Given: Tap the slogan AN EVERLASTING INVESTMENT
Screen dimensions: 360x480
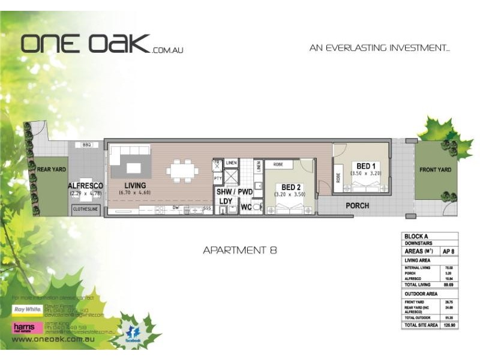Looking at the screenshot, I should pyautogui.click(x=380, y=47).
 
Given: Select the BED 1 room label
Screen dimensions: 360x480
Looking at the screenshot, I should pyautogui.click(x=366, y=166).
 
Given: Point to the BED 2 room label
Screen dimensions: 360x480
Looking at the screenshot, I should pyautogui.click(x=290, y=187).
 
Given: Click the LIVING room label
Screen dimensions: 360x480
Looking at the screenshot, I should pyautogui.click(x=135, y=185).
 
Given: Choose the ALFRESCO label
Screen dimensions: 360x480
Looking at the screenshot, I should pyautogui.click(x=86, y=186).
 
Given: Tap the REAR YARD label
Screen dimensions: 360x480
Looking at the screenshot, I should pyautogui.click(x=51, y=170).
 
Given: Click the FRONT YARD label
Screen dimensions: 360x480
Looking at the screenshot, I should pyautogui.click(x=435, y=170).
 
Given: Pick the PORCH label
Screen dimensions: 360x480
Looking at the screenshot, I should pyautogui.click(x=357, y=206).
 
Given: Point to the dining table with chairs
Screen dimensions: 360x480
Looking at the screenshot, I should pyautogui.click(x=182, y=170).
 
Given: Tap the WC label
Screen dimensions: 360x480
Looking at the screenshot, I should pyautogui.click(x=246, y=208).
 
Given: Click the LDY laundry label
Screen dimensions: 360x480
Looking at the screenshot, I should pyautogui.click(x=226, y=201).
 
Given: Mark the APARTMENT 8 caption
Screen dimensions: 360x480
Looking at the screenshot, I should pyautogui.click(x=240, y=250).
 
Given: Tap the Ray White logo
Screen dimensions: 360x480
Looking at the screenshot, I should pyautogui.click(x=26, y=310).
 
